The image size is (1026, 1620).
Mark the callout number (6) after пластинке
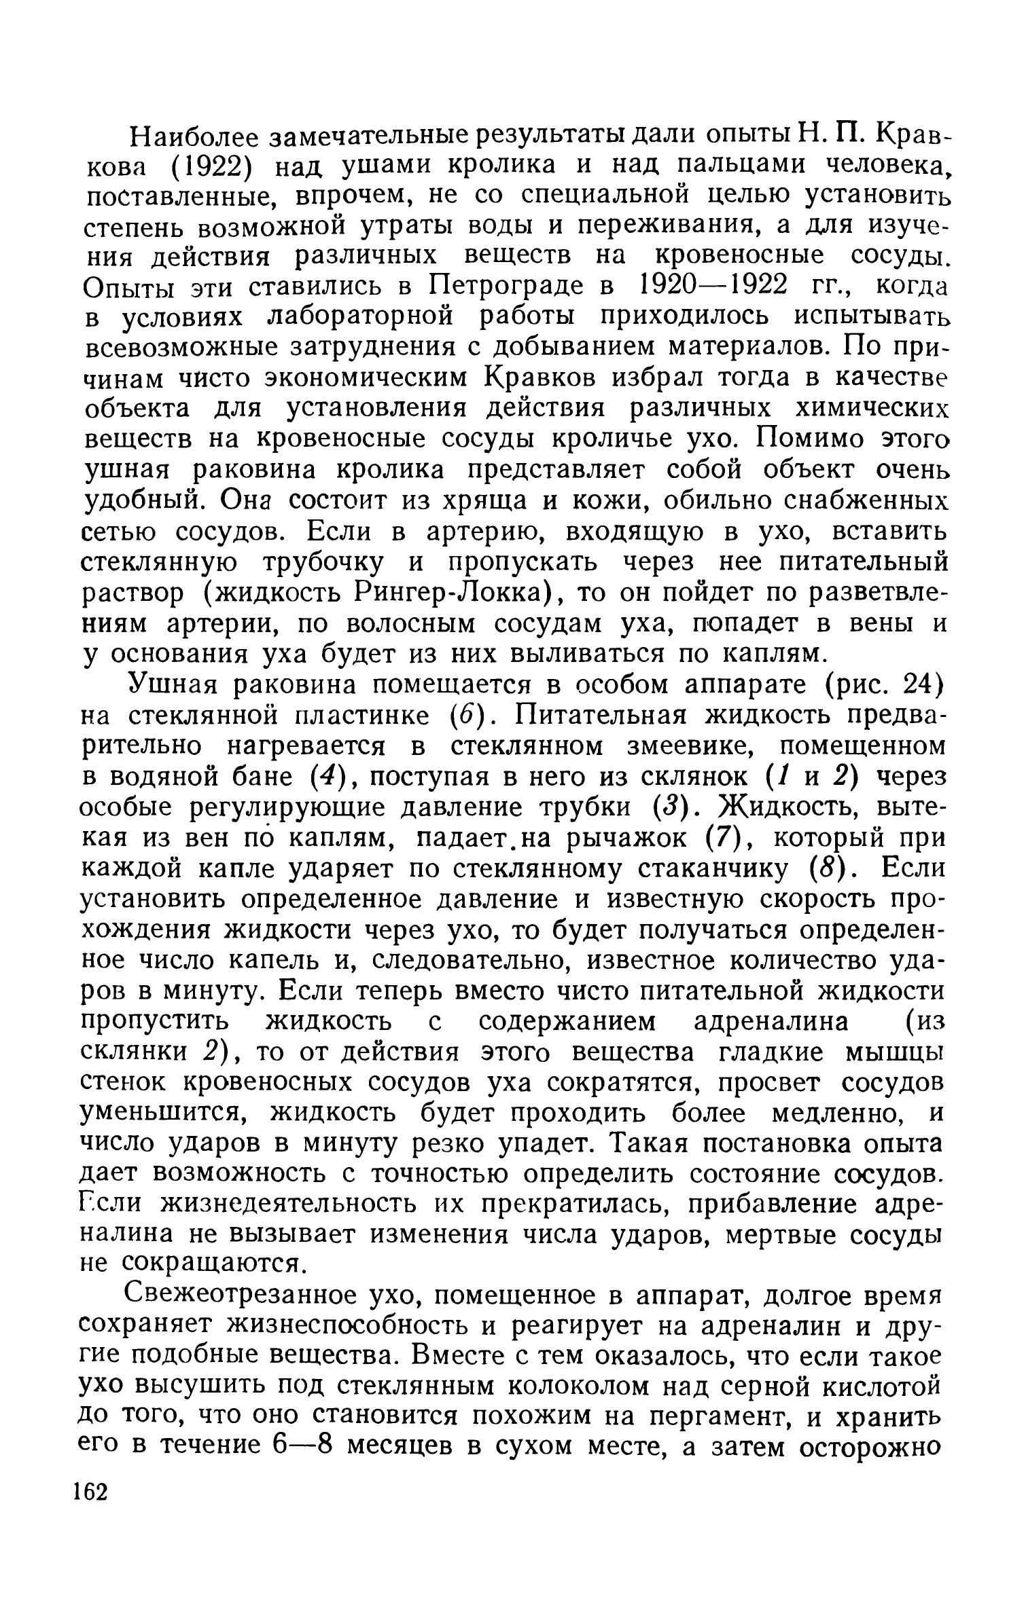coord(464,716)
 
